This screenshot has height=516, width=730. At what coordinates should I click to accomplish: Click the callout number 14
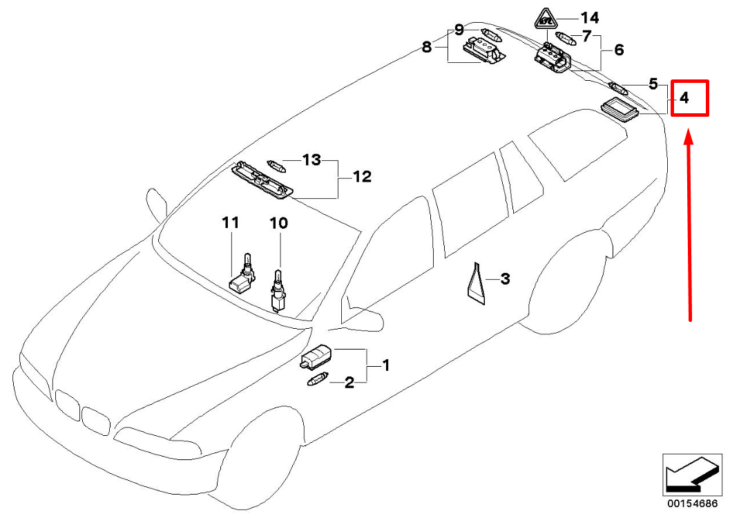[590, 18]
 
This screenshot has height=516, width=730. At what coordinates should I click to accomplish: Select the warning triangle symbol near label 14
[546, 19]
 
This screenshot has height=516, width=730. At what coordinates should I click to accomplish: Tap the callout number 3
[505, 279]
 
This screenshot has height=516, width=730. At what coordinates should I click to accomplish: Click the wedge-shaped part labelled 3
[476, 284]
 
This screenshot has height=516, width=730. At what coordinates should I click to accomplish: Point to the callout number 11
[231, 222]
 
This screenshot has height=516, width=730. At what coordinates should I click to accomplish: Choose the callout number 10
[279, 223]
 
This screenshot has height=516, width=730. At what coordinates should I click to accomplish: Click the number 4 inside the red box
[684, 98]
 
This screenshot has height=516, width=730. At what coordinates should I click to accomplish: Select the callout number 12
[362, 177]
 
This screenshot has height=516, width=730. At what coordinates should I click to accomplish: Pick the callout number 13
[312, 160]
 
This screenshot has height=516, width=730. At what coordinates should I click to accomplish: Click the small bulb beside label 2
[318, 379]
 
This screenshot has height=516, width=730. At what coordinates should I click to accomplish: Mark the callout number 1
[385, 365]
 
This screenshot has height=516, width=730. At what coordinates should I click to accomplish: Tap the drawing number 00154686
[693, 504]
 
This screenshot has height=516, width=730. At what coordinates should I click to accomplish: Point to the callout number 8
[427, 47]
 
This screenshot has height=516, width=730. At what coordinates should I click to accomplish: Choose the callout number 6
[619, 50]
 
